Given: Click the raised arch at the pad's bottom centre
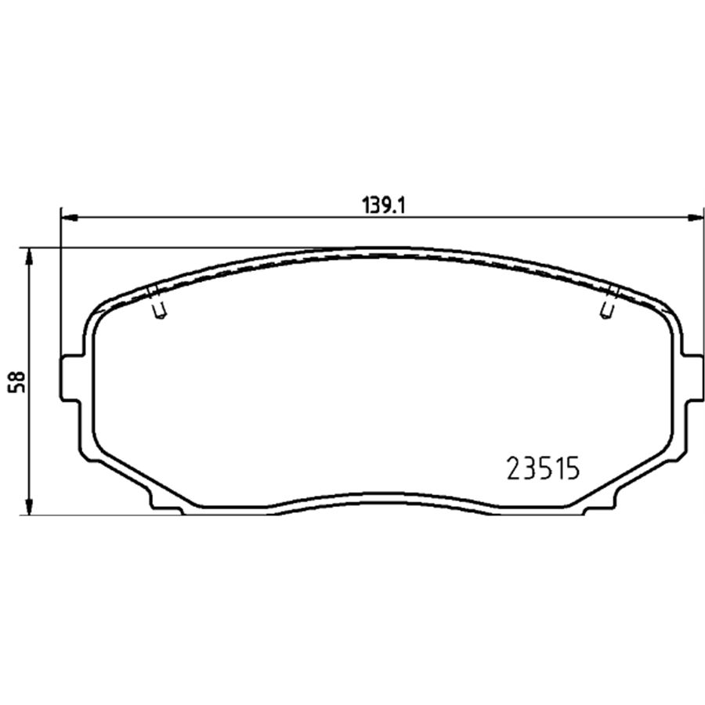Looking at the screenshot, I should click(x=381, y=494).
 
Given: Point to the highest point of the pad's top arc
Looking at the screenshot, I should click(x=381, y=249).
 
